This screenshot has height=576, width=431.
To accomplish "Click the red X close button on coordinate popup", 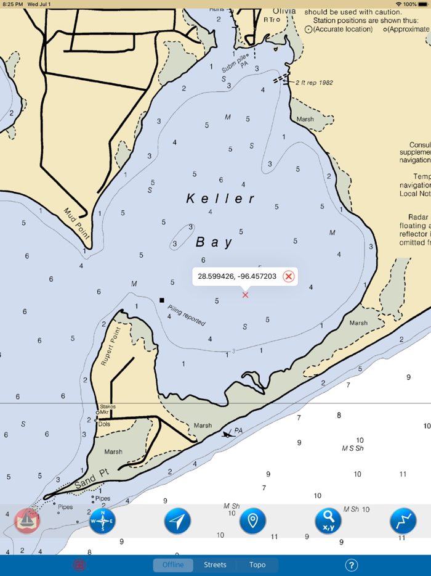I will coord(288,276).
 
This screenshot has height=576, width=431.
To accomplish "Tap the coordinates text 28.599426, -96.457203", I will coord(237,276).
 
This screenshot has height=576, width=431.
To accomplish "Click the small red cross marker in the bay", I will coord(245,295).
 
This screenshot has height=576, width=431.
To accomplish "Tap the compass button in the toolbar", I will coord(102,521).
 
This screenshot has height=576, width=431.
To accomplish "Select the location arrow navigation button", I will coord(177,521).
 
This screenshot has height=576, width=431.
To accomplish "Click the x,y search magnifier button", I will coord(328,521).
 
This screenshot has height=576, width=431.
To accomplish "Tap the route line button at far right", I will coord(403,521).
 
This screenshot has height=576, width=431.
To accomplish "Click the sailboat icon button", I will coord(27,521).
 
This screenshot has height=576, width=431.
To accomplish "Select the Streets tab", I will coord(215,565).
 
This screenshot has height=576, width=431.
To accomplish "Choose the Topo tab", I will coord(257,565).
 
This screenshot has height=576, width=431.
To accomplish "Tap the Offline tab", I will coord(173,565).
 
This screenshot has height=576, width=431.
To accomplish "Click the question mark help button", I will coord(351,565).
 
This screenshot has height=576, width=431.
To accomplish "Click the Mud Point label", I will coord(77,224).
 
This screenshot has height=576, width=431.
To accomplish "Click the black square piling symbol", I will coord(162,300).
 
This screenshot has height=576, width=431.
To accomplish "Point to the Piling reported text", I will coord(186,315).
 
